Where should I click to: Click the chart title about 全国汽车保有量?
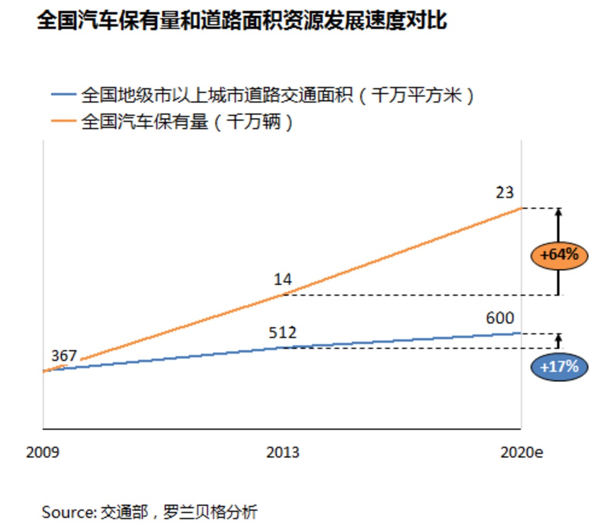[x=241, y=21]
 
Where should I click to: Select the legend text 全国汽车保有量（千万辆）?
[x=187, y=122]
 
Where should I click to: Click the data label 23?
[x=504, y=193]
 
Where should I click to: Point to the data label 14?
[x=283, y=279]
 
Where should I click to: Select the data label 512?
[x=282, y=333]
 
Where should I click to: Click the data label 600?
[x=500, y=318]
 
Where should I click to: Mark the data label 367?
[x=64, y=356]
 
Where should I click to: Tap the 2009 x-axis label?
[x=43, y=452]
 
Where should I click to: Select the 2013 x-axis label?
[x=283, y=452]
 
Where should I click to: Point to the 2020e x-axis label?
[x=522, y=452]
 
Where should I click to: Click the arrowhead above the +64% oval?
[x=558, y=211]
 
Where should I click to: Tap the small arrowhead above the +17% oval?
[x=558, y=337]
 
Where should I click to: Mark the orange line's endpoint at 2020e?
[x=521, y=208]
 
